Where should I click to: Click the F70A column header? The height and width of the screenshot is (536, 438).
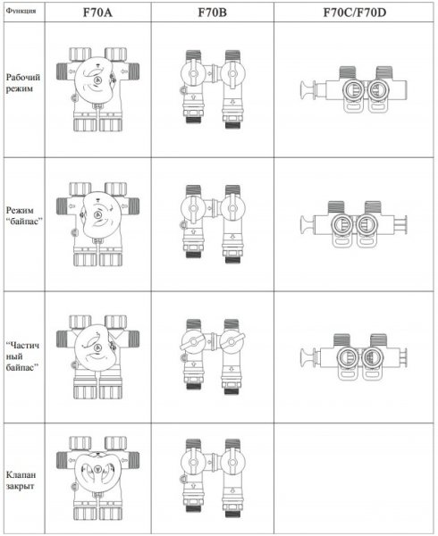click(x=97, y=13)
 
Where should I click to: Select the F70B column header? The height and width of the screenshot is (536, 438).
click(x=213, y=13)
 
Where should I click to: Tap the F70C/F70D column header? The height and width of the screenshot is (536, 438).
click(x=355, y=13)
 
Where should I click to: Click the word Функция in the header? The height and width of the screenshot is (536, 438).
click(x=21, y=11)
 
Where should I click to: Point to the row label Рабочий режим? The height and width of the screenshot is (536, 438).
click(x=23, y=83)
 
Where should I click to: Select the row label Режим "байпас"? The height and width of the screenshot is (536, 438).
click(x=24, y=215)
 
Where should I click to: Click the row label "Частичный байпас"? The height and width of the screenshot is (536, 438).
click(x=22, y=356)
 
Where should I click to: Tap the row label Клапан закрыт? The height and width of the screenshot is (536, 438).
click(x=21, y=481)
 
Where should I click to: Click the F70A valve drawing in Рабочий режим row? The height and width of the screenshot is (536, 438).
click(x=97, y=89)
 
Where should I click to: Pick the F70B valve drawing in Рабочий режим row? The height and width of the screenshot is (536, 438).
click(x=213, y=89)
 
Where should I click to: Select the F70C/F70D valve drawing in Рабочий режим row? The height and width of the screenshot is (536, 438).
click(x=354, y=89)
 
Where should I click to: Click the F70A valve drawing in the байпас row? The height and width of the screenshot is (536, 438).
click(x=97, y=224)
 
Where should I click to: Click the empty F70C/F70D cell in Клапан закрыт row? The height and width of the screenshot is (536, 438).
click(x=355, y=479)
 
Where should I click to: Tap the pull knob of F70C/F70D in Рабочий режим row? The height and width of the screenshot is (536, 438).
click(x=307, y=90)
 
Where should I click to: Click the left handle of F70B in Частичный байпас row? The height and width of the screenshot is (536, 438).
click(x=192, y=342)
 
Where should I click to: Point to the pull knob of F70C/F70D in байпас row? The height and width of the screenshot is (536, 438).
click(x=307, y=224)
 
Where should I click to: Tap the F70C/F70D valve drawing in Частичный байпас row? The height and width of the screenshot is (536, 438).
click(x=354, y=357)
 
